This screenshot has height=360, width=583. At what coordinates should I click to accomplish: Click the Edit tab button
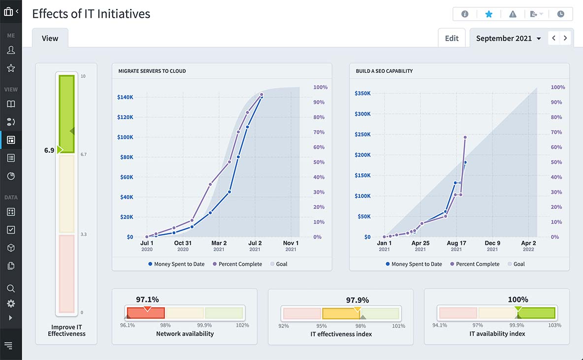[452, 38]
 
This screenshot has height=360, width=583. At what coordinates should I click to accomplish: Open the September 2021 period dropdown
[508, 38]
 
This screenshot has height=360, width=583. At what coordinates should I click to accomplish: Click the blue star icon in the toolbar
[488, 14]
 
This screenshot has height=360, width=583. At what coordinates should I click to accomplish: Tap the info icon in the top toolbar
[464, 14]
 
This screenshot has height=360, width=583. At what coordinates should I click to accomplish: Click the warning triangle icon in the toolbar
[513, 14]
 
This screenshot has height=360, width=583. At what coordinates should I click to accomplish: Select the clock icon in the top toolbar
[560, 14]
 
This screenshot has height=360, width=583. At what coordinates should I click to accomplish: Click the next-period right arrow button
[565, 38]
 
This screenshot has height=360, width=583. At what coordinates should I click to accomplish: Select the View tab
[50, 38]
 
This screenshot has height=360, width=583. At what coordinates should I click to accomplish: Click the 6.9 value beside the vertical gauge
[49, 150]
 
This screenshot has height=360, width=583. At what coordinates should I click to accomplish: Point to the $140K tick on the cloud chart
[125, 97]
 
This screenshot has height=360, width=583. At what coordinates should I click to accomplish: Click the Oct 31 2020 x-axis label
[183, 246]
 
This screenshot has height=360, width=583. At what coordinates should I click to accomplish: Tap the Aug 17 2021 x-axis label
[456, 246]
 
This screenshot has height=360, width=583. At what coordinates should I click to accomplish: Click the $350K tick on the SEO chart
[362, 93]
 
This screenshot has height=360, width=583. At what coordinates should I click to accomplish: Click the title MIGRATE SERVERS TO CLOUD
[152, 71]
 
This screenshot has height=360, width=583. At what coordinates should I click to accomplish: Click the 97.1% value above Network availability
[147, 299]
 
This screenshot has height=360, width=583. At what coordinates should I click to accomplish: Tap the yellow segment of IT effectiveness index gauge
[340, 314]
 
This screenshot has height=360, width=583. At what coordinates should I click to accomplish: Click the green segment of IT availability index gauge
[536, 313]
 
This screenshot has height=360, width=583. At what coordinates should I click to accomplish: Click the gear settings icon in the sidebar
[11, 303]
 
